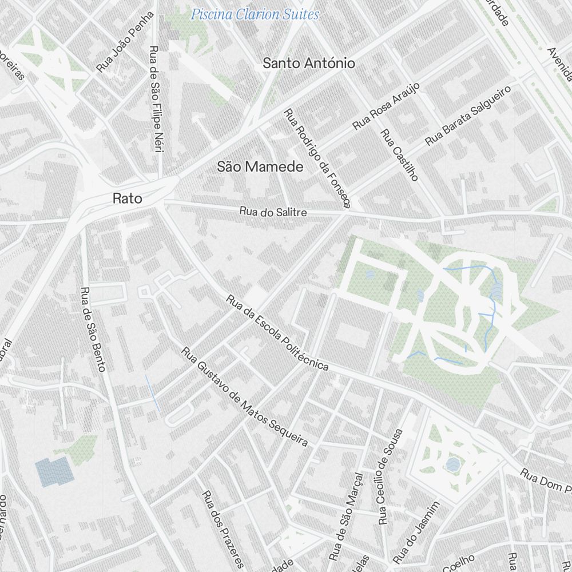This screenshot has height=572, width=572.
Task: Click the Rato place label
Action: (127, 198)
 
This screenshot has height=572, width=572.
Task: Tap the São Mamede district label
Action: (260, 167)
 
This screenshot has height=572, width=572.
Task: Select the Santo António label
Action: (308, 63)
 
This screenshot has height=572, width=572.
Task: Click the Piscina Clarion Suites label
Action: (255, 14)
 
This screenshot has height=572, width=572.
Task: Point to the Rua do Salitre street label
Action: (273, 212)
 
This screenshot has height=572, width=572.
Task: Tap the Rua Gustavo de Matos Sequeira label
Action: (244, 396)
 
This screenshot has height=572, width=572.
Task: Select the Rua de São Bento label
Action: (93, 329)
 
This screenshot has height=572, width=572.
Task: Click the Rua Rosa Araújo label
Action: (386, 106)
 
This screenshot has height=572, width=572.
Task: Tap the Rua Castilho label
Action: (399, 155)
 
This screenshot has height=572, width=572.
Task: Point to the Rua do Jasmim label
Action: (416, 532)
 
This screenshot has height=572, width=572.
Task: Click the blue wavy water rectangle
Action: (54, 472)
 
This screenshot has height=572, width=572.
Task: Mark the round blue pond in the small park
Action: (452, 464)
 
